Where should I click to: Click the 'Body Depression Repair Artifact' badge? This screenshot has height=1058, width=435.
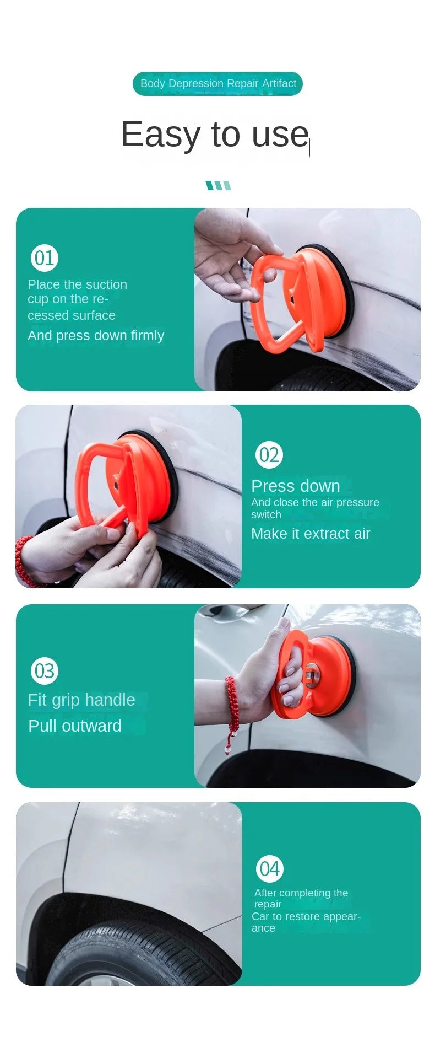coord(218,83)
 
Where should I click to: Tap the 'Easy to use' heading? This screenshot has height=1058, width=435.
coord(215,134)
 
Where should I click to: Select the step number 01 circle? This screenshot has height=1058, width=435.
coord(44,258)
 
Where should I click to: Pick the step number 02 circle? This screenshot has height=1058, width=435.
coord(269,455)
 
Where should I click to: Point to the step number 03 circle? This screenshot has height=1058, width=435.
coord(45,670)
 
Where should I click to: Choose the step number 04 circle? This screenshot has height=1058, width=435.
coord(270,869)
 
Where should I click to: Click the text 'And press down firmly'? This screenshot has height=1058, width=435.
coord(96,336)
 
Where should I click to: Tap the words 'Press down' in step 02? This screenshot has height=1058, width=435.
coord(296,486)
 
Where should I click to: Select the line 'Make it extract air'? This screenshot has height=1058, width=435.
coord(311,534)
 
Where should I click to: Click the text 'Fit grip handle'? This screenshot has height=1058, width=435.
coord(81,700)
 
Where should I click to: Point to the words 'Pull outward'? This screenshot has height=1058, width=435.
coord(75,726)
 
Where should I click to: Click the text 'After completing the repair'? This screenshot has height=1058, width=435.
coord(301,898)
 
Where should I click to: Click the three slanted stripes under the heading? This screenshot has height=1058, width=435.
coord(218,185)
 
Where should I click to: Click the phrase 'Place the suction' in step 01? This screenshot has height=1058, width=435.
coord(78,284)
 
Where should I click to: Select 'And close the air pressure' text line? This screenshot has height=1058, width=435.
coord(315,502)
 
